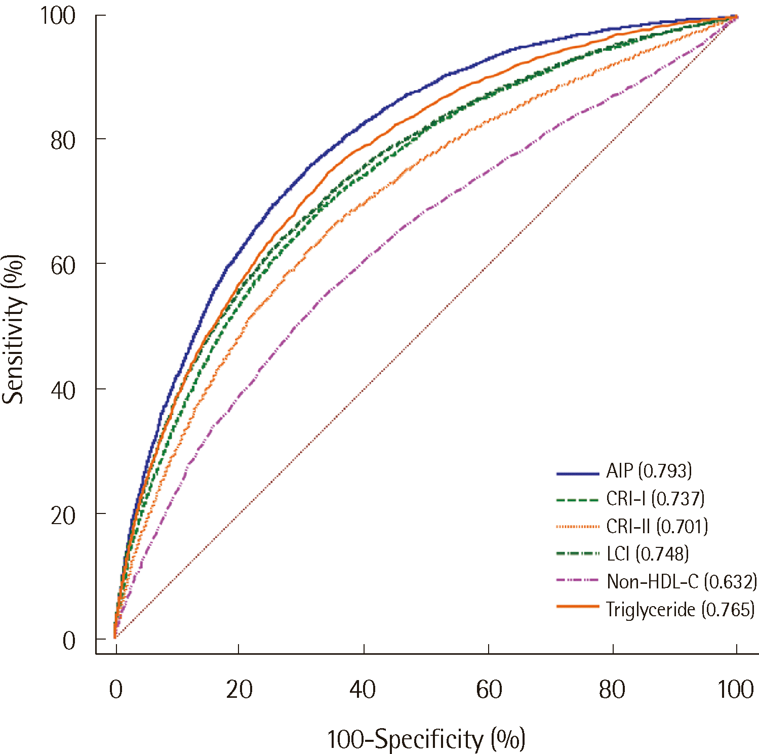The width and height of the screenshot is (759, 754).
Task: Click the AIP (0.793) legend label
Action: click(649, 471)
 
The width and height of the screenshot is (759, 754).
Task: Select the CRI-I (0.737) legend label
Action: click(655, 499)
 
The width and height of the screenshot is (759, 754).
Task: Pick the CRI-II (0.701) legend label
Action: click(657, 527)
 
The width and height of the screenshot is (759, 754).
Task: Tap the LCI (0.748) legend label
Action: click(648, 554)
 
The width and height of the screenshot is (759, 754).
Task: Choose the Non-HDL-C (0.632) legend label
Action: click(682, 582)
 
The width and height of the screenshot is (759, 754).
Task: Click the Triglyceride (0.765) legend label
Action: click(680, 609)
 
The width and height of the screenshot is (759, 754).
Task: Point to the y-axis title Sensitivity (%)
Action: click(14, 329)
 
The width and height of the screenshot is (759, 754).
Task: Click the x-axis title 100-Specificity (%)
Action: click(426, 739)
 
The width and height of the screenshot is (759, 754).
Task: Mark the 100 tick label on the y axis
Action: click(58, 16)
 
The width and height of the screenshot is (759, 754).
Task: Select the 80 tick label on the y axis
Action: click(63, 141)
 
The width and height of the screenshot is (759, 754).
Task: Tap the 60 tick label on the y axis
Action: click(63, 265)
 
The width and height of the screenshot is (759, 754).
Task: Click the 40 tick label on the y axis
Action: click(63, 390)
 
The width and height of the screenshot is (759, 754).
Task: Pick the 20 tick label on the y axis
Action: click(63, 515)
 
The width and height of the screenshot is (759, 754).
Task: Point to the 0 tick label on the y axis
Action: click(69, 641)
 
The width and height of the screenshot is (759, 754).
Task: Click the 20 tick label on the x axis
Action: click(239, 690)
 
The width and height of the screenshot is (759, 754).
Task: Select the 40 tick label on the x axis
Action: click(363, 690)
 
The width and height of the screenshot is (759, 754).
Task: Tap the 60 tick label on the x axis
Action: click(489, 690)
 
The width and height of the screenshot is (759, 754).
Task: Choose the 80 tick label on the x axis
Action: click(612, 690)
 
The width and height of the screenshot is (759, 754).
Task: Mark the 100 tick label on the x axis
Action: click(736, 690)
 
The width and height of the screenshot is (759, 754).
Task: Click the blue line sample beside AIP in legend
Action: click(577, 473)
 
